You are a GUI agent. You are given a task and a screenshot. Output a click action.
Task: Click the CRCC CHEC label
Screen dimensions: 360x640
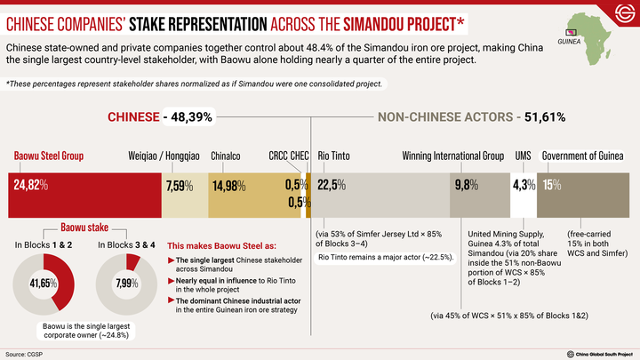point(289,156)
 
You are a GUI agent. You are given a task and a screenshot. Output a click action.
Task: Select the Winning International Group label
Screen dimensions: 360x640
point(452,156)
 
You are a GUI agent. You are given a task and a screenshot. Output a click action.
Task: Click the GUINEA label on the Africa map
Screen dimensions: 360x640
point(569,40)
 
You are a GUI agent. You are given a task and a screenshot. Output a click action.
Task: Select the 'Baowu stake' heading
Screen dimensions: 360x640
point(84,227)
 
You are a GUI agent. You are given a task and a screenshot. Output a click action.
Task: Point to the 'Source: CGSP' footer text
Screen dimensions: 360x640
point(24,354)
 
